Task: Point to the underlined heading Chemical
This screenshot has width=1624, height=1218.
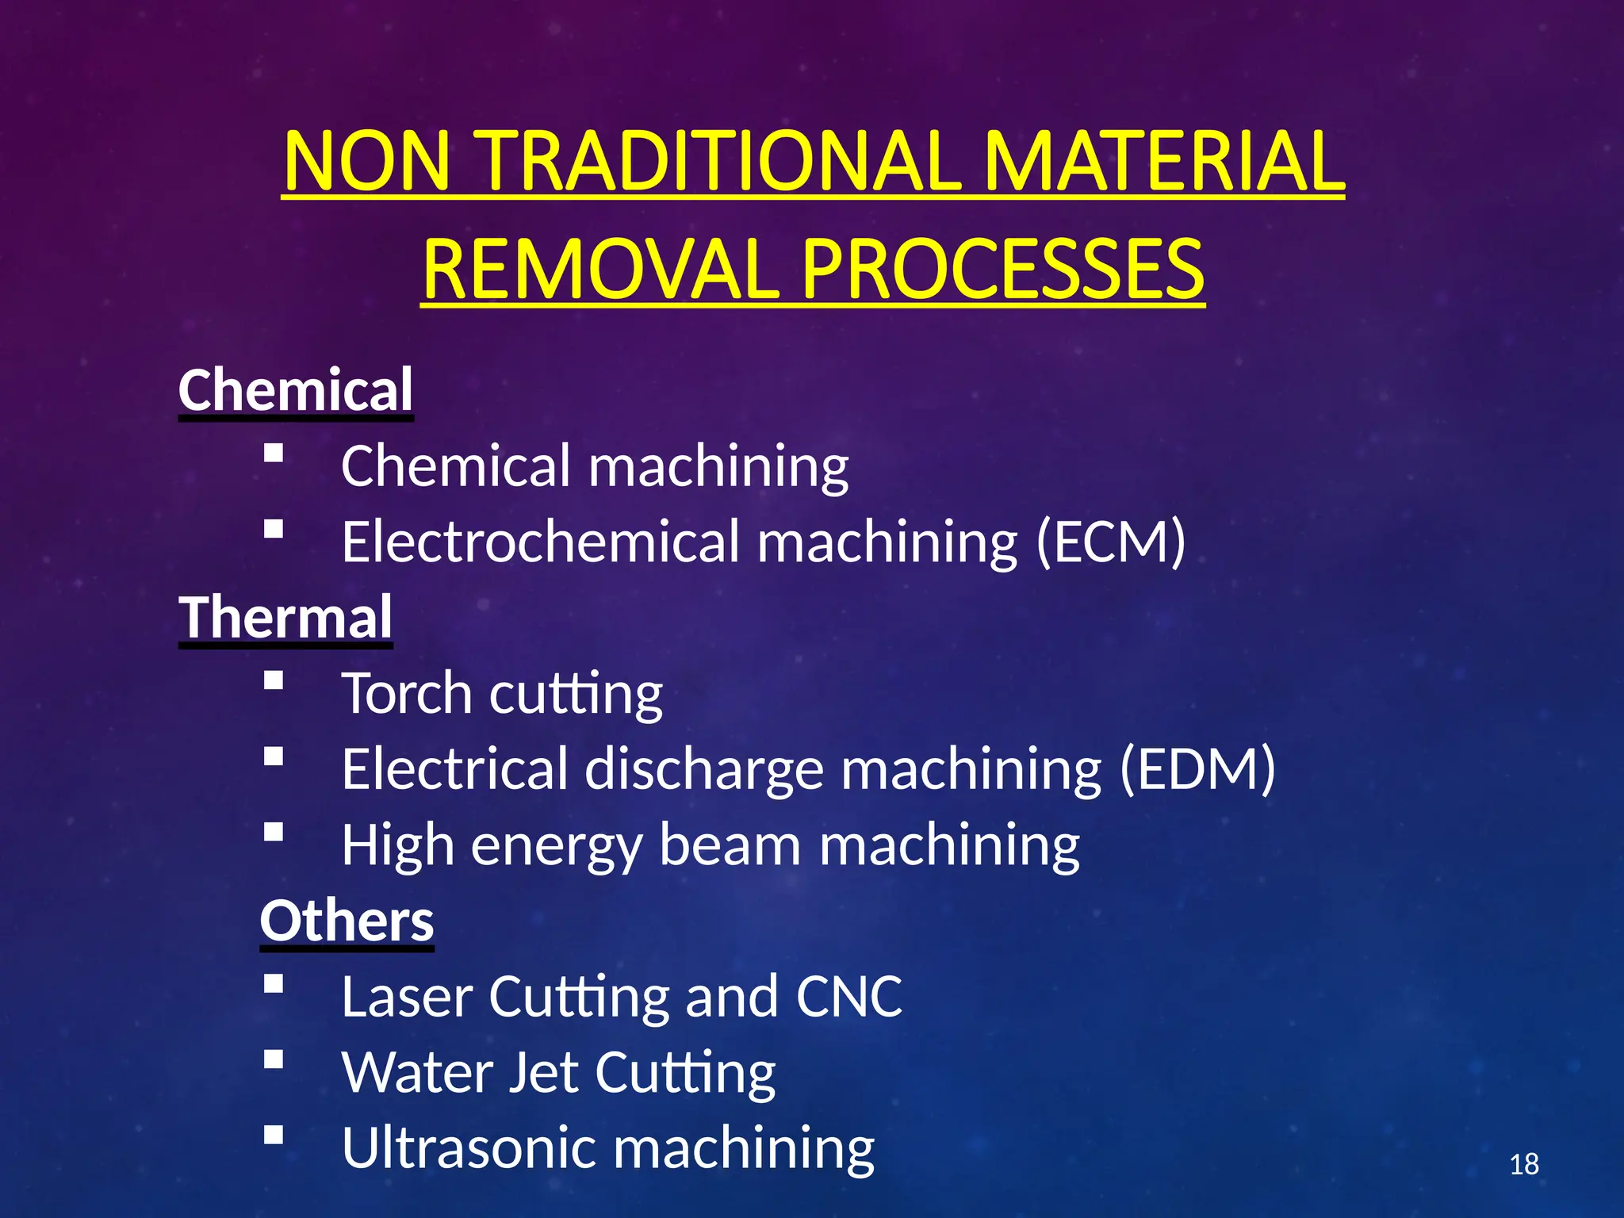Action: pyautogui.click(x=296, y=390)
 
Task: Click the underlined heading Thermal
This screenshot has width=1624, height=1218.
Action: pyautogui.click(x=285, y=618)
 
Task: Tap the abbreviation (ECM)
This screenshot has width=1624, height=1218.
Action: pyautogui.click(x=1111, y=542)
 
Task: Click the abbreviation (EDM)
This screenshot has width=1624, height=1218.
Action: pyautogui.click(x=1197, y=769)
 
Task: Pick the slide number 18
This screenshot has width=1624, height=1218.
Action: pyautogui.click(x=1523, y=1165)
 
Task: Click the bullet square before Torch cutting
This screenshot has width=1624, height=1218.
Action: pyautogui.click(x=274, y=681)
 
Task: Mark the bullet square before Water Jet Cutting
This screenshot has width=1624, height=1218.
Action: pyautogui.click(x=274, y=1059)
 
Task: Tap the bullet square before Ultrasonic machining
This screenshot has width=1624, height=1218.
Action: pyautogui.click(x=274, y=1135)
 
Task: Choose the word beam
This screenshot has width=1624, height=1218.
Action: pyautogui.click(x=730, y=845)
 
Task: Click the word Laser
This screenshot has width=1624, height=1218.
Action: pyautogui.click(x=407, y=997)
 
